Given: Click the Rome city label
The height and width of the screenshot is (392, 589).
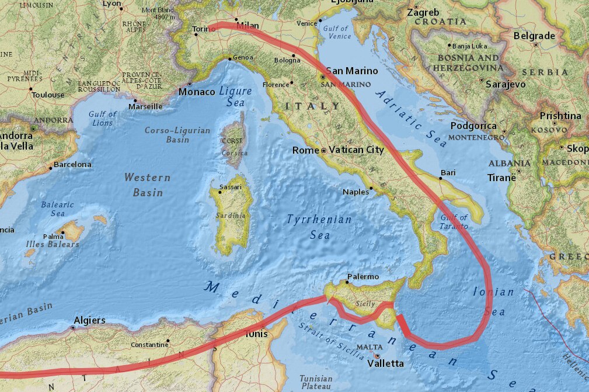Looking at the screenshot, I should [305, 150].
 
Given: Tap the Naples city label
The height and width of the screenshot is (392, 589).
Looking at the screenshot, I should [356, 192].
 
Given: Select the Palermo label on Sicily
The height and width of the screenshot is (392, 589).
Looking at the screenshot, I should [363, 276].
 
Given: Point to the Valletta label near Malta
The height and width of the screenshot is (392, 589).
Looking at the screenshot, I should [385, 363].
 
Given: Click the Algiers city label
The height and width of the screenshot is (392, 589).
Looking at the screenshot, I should [89, 320].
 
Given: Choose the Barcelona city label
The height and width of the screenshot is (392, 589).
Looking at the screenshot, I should [72, 165].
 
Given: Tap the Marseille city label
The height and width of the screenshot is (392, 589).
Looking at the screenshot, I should [145, 106].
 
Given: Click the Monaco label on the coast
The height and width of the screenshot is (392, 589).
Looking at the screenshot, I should [197, 92].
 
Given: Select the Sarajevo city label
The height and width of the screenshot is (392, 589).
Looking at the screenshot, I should [506, 84].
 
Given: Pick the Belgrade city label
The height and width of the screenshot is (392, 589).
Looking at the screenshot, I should [534, 36].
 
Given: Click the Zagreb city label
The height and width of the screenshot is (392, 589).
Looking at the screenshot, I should [423, 12].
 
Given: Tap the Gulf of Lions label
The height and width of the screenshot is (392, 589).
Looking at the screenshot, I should [103, 118].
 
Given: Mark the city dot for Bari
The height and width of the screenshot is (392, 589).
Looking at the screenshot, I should [441, 179].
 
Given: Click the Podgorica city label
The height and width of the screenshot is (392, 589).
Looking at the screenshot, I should [473, 126].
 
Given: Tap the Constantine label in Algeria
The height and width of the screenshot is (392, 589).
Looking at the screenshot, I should [149, 344].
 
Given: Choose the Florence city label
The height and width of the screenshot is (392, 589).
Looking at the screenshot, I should [276, 84].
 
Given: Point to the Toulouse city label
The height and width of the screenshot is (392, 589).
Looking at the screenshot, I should [48, 95].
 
